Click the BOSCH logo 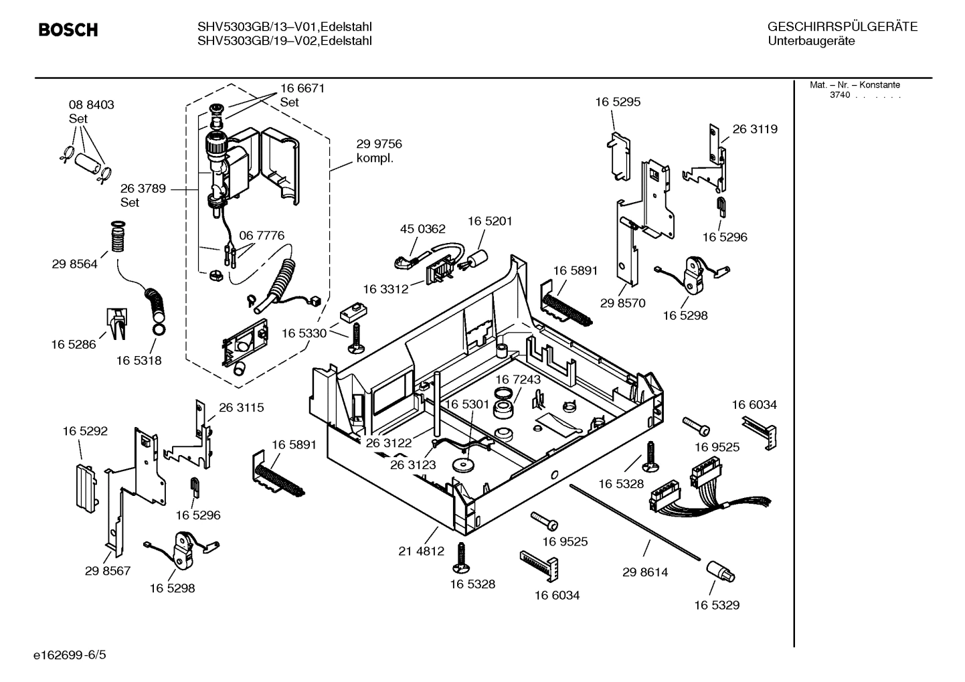click(68, 30)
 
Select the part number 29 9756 click(379, 144)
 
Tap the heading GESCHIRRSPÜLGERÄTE click(842, 27)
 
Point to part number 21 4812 click(421, 551)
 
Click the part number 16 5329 click(716, 605)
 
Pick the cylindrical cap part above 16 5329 click(720, 571)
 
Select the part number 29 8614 click(644, 572)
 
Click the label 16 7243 click(518, 379)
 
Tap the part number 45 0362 click(422, 229)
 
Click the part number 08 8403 click(91, 104)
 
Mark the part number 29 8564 click(74, 264)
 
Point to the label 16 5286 click(74, 345)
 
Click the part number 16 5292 click(85, 432)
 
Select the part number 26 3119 click(755, 129)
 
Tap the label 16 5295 click(618, 102)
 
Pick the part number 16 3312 click(385, 289)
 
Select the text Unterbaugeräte click(811, 41)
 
